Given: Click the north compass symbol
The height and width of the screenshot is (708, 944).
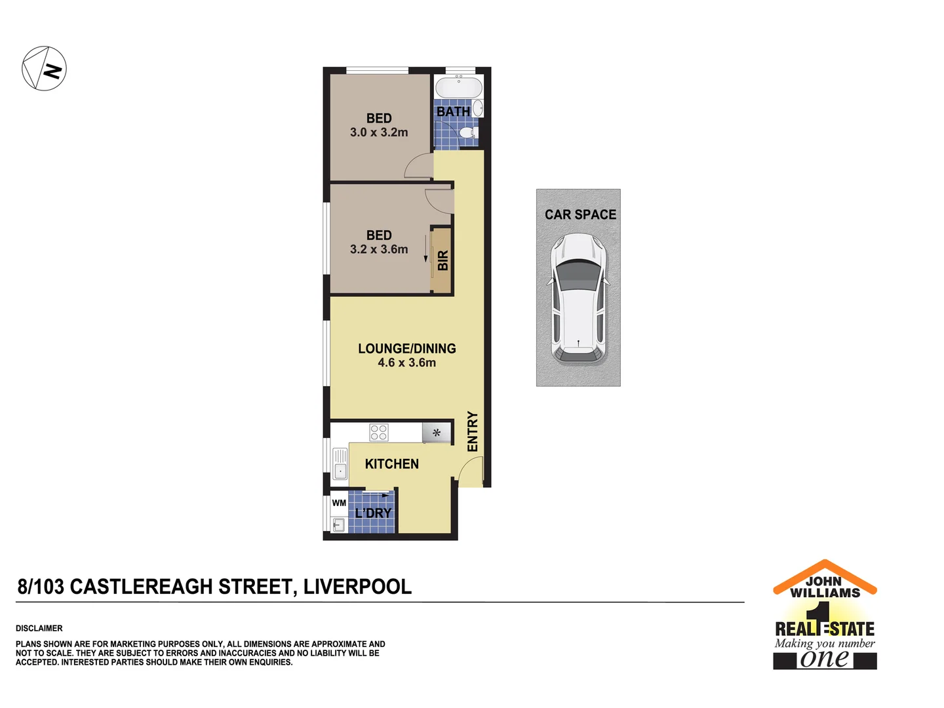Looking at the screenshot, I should pyautogui.click(x=45, y=68).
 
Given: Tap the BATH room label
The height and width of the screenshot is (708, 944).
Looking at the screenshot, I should pyautogui.click(x=453, y=112).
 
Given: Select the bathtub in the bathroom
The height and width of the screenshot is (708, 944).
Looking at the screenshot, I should pyautogui.click(x=459, y=87).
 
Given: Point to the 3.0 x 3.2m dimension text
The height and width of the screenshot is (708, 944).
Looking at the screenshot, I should pyautogui.click(x=379, y=132).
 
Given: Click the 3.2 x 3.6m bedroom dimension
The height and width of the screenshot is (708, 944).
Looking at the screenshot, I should pyautogui.click(x=379, y=250).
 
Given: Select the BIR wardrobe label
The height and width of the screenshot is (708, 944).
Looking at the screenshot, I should pyautogui.click(x=442, y=260).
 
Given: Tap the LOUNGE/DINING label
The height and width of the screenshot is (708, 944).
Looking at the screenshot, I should pyautogui.click(x=406, y=349).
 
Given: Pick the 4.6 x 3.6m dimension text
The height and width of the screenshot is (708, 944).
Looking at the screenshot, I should pyautogui.click(x=406, y=363).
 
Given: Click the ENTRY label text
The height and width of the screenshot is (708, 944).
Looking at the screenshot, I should pyautogui.click(x=473, y=431).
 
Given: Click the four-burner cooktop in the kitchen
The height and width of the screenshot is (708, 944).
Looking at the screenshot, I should pyautogui.click(x=379, y=433).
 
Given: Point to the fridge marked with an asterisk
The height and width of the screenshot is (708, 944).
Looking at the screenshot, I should pyautogui.click(x=437, y=433).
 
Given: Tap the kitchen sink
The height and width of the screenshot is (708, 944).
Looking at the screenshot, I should pyautogui.click(x=340, y=464).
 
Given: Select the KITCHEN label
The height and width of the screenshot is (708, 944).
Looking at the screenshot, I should pyautogui.click(x=391, y=464).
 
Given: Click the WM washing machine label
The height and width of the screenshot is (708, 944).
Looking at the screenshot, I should pyautogui.click(x=339, y=503).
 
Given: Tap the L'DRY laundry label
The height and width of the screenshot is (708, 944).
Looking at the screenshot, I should pyautogui.click(x=373, y=513).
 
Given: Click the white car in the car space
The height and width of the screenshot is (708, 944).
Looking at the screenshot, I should pyautogui.click(x=578, y=298).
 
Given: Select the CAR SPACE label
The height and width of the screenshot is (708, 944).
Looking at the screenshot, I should pyautogui.click(x=580, y=215).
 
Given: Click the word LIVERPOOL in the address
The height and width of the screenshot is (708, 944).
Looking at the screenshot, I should pyautogui.click(x=357, y=587).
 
